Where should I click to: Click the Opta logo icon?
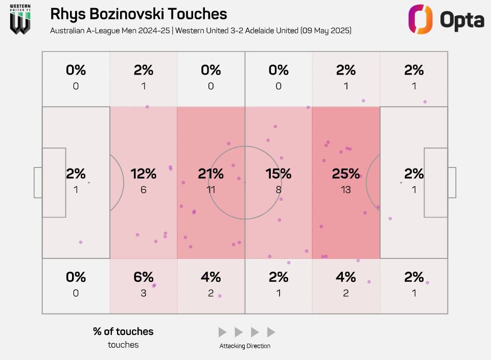(x=420, y=19)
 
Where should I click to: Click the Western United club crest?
(x=20, y=20)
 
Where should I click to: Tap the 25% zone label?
(x=346, y=174)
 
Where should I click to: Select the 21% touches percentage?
(x=211, y=174)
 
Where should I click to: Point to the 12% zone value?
(x=144, y=174)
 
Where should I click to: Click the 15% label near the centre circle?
(x=278, y=174)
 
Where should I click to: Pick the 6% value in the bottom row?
(x=144, y=277)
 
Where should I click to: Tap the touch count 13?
(x=346, y=190)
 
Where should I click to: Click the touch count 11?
(x=211, y=190)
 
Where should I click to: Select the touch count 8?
(x=278, y=190)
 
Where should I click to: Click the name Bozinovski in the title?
(x=128, y=14)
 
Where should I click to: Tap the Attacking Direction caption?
(x=245, y=346)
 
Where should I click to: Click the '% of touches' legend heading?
(x=123, y=332)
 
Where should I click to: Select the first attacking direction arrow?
(x=222, y=332)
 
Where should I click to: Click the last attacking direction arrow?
(x=271, y=332)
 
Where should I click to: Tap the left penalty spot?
(x=89, y=182)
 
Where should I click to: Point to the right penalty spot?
(x=401, y=182)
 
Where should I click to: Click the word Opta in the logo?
(x=462, y=20)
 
